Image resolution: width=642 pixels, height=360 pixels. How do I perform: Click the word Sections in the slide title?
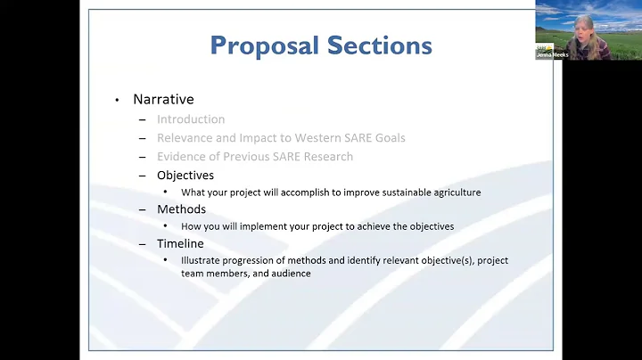click(378, 45)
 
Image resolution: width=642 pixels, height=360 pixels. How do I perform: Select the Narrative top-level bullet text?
click(163, 99)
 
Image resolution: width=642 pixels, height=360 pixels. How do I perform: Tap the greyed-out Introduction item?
click(191, 119)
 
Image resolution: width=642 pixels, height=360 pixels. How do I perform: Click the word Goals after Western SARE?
click(388, 137)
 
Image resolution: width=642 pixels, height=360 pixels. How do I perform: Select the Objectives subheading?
click(185, 175)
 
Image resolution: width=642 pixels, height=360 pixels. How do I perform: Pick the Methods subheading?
click(181, 209)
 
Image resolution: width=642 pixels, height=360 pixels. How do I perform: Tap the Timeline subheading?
click(180, 243)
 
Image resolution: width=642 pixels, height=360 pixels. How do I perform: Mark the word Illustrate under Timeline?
click(202, 260)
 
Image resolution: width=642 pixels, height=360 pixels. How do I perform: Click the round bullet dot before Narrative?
click(117, 100)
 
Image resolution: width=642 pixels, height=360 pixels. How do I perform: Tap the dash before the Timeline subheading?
click(143, 243)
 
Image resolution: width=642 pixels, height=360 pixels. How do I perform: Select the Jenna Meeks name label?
click(551, 54)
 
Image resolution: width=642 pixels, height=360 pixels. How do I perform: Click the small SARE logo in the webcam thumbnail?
click(543, 47)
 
